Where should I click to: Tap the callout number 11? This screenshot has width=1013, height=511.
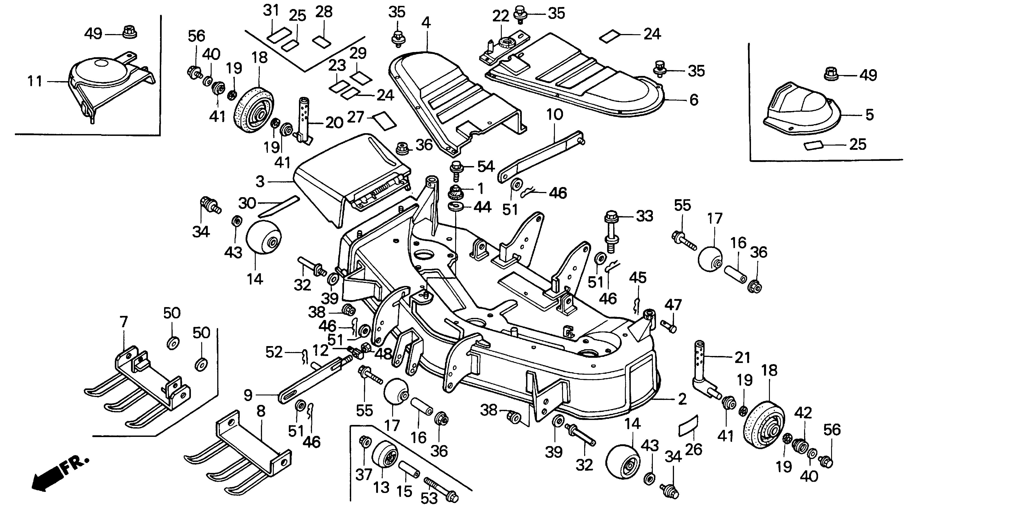coord(35,82)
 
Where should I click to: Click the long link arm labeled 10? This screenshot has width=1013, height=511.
coord(541,157)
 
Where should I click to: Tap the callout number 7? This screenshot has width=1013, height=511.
coord(124,322)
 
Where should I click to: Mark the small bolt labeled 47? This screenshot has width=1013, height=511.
coord(669,326)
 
